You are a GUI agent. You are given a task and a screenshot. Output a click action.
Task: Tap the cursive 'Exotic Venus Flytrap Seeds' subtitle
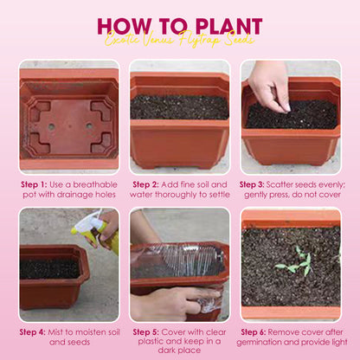coord(180,40)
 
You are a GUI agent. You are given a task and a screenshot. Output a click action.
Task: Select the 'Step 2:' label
coord(149,184)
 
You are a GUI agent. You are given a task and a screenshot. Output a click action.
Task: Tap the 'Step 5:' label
coord(149,331)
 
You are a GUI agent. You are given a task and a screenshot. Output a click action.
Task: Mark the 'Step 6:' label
coord(259,331)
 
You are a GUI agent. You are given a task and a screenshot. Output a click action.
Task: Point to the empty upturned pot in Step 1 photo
coord(68,117)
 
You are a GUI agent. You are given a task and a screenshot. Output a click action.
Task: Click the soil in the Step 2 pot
coord(179,106)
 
